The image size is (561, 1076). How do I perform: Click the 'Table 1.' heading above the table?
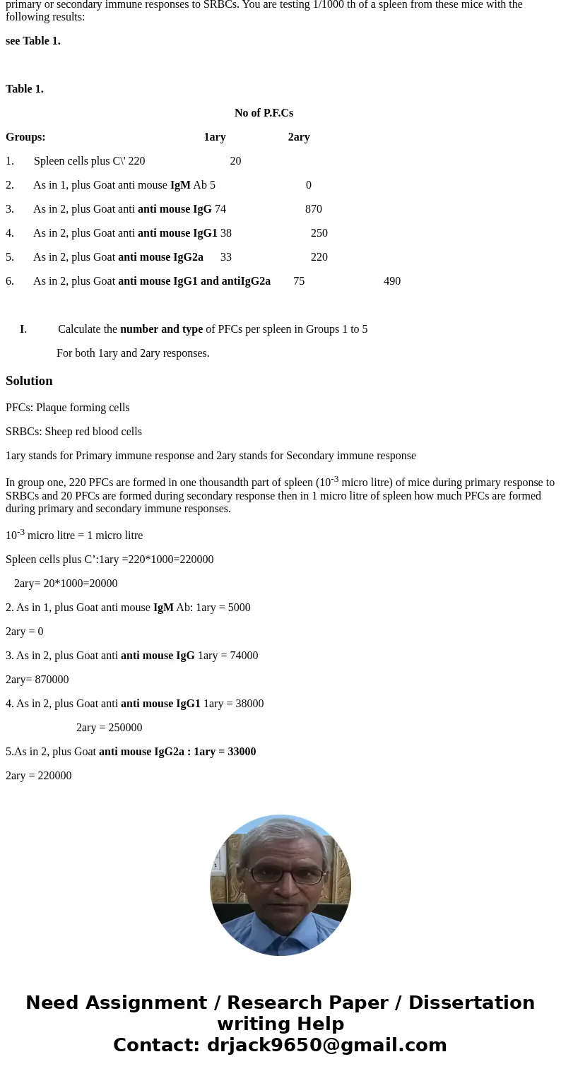[25, 89]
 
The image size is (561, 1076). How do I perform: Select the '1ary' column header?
[215, 137]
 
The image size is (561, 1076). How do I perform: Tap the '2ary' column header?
[299, 137]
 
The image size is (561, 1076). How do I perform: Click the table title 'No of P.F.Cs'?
[264, 113]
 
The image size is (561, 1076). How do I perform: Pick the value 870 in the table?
[313, 209]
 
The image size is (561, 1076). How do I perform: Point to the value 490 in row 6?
[392, 281]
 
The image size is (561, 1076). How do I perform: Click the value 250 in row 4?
[319, 233]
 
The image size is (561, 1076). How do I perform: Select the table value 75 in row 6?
[299, 281]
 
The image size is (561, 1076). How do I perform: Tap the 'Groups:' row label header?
[25, 137]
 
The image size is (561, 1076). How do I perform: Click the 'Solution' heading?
[29, 381]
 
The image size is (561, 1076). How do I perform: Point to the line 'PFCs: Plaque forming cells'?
[68, 408]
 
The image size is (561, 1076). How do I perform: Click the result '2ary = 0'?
[25, 632]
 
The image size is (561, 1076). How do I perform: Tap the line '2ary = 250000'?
[109, 728]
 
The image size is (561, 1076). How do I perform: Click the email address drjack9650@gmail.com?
[326, 1045]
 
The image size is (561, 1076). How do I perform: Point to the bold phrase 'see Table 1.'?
[33, 41]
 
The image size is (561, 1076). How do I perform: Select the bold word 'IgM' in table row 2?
[180, 185]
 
